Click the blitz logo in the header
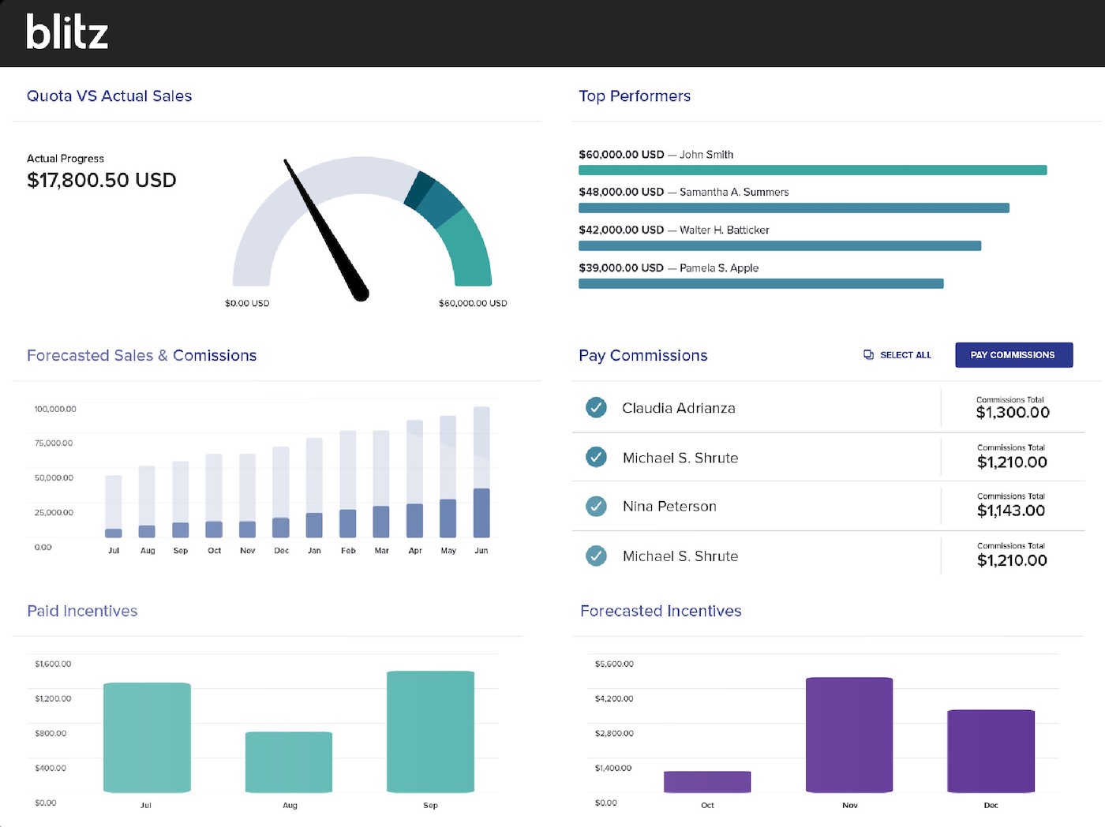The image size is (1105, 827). click(x=67, y=33)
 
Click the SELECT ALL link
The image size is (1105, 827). click(x=897, y=355)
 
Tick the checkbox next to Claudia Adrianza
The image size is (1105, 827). click(x=596, y=408)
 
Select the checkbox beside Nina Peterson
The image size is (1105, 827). click(x=596, y=507)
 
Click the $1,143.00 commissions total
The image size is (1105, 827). click(x=1010, y=511)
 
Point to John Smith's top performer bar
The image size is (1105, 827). click(x=812, y=170)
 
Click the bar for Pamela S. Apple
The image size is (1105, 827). click(x=761, y=284)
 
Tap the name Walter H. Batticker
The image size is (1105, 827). click(x=724, y=230)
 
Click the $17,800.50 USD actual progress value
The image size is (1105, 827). click(x=101, y=180)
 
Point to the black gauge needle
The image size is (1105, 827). click(x=324, y=229)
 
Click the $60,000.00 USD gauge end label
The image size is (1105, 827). click(x=473, y=303)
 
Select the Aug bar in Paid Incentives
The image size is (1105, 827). click(x=289, y=762)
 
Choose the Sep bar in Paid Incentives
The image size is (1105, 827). click(x=430, y=731)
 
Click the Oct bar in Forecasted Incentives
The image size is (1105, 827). click(x=707, y=781)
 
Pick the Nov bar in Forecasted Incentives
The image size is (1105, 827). click(x=849, y=734)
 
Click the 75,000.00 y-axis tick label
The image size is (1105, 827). click(x=54, y=443)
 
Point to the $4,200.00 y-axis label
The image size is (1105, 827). click(x=614, y=698)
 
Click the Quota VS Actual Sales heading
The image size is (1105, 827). click(x=110, y=96)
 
